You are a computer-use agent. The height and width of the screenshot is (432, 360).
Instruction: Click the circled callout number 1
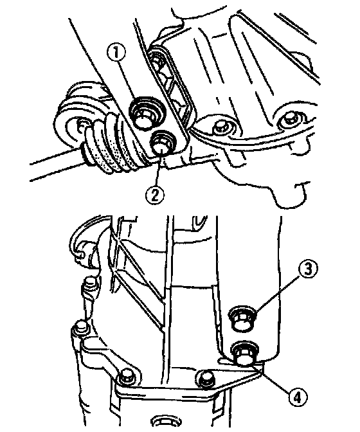click(x=116, y=51)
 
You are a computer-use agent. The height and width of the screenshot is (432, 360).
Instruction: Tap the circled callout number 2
click(x=154, y=194)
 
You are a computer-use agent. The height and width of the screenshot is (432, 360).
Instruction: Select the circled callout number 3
click(x=308, y=269)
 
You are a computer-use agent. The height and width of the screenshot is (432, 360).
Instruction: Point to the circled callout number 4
click(x=298, y=397)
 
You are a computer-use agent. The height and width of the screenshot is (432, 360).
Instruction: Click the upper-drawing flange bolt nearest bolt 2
click(x=221, y=127)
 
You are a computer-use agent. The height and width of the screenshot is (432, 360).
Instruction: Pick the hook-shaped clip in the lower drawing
click(x=83, y=242)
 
